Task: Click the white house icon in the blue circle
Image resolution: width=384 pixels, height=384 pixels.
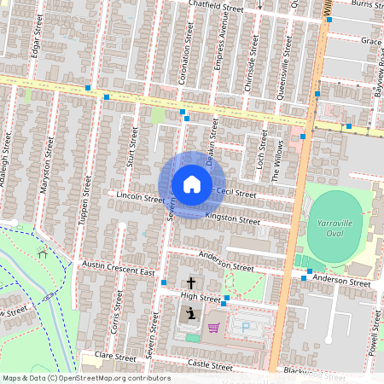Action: [192, 184]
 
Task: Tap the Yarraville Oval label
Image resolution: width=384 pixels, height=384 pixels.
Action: [334, 229]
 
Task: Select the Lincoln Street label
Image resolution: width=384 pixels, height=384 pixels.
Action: [140, 198]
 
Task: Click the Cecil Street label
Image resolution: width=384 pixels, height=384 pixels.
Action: [236, 194]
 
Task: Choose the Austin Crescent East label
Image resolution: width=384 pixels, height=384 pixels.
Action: [118, 269]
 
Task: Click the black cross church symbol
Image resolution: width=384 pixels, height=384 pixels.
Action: [190, 282]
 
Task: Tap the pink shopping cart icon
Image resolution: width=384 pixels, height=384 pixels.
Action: [213, 327]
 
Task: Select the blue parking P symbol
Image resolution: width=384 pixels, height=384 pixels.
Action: [247, 327]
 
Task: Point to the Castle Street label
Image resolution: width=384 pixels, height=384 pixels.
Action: [210, 364]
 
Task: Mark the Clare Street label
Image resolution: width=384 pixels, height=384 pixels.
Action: [116, 355]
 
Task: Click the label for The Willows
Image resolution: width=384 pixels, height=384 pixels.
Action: [276, 161]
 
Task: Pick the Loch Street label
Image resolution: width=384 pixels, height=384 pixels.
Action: [262, 149]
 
